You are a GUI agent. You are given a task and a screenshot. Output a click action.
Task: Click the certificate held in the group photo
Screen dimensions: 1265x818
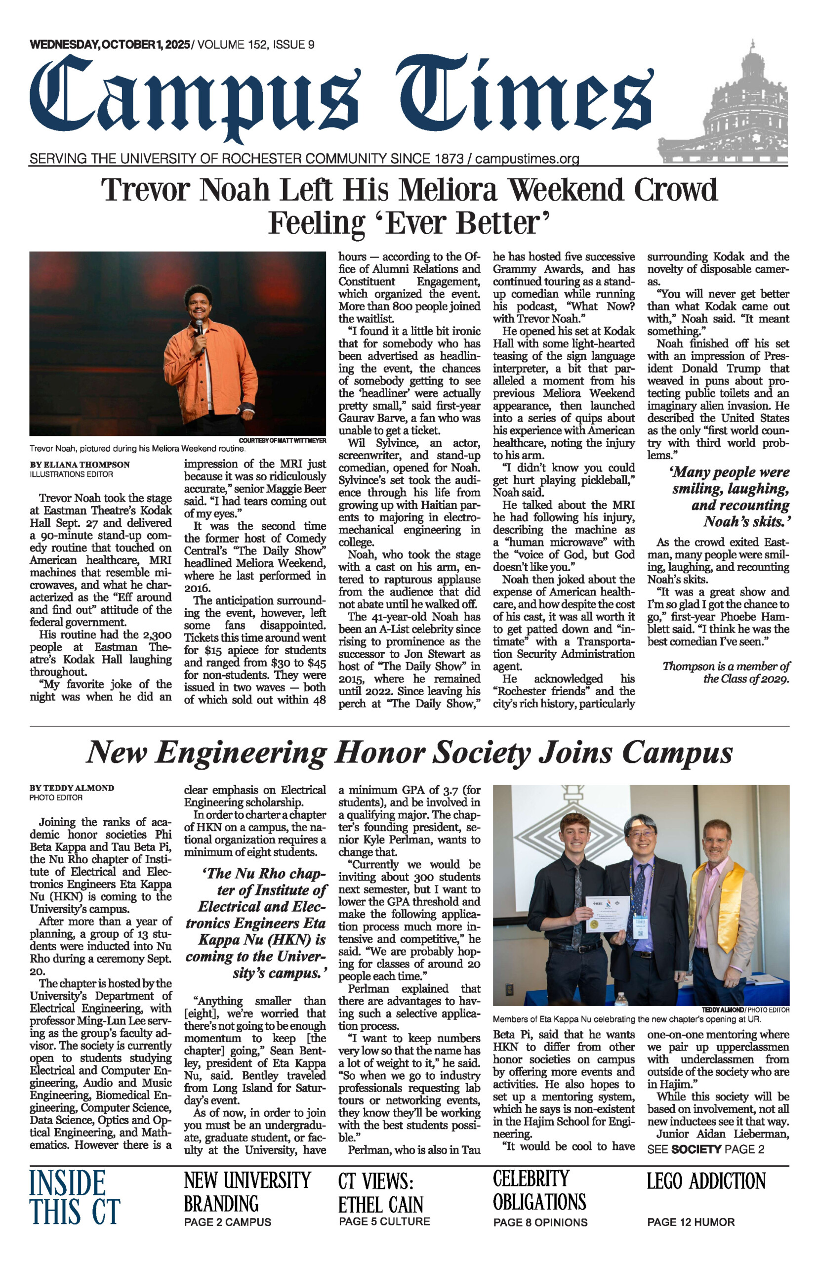point(608,913)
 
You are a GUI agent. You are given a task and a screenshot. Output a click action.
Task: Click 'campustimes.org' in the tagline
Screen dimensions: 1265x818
point(527,159)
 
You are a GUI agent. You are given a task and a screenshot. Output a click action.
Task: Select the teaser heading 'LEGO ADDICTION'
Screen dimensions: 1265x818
point(706,1181)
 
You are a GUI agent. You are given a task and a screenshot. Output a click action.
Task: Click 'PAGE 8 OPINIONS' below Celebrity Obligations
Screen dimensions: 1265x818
point(540,1223)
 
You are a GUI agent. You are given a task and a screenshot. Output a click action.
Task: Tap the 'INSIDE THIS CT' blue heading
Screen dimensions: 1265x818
point(75,1197)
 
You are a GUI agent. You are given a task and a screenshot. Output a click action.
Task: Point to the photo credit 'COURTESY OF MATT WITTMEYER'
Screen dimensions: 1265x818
point(282,440)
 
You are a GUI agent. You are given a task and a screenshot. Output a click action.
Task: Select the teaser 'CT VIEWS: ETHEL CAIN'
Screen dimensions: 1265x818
point(381,1193)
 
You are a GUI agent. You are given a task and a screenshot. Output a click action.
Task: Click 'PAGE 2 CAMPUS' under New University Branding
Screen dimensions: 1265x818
point(227,1222)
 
